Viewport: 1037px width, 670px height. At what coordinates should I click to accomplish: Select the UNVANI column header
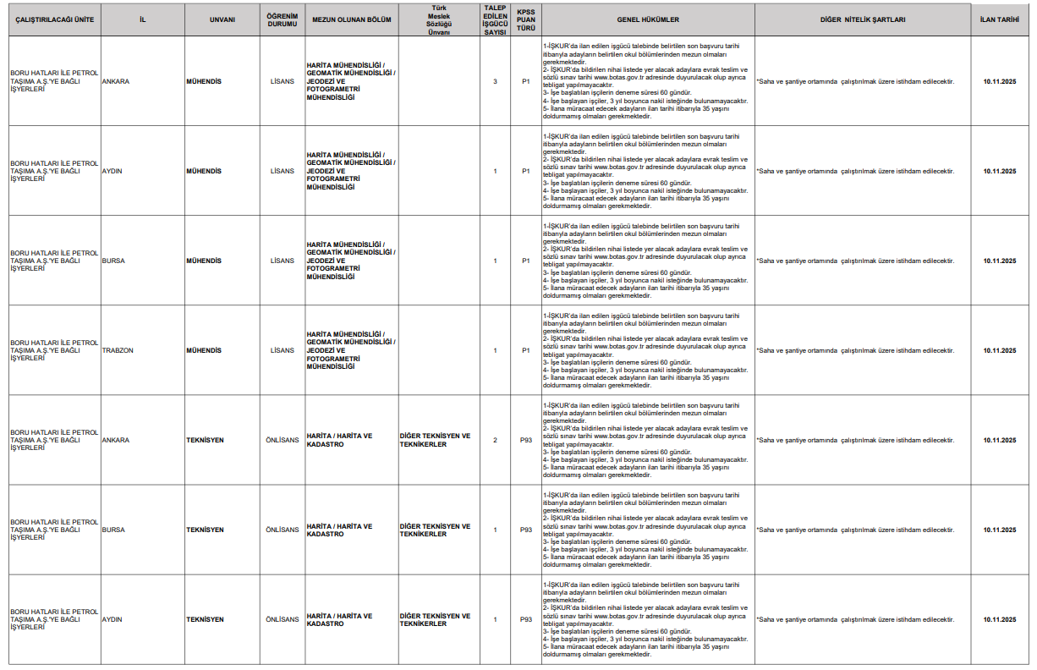(222, 19)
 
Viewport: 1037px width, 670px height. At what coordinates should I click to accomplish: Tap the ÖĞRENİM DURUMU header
(283, 19)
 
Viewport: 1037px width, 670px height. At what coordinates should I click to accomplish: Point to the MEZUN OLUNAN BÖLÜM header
(352, 19)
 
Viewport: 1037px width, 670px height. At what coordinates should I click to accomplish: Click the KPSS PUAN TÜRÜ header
(526, 19)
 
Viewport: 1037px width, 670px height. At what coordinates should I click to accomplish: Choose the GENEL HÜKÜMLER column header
(648, 19)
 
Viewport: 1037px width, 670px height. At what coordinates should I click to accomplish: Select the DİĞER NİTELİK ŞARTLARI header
(862, 19)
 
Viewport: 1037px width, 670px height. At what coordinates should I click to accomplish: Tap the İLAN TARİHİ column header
(1000, 19)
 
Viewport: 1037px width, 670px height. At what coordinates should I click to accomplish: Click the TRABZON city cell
(117, 350)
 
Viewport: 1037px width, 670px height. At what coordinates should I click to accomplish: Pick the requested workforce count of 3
(495, 81)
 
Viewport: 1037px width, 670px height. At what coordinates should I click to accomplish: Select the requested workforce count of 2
(495, 440)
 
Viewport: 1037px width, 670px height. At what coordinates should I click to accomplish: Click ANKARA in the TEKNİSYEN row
(116, 440)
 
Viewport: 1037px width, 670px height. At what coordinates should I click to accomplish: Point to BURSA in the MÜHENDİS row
(113, 261)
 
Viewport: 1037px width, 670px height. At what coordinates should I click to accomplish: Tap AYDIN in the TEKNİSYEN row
(112, 619)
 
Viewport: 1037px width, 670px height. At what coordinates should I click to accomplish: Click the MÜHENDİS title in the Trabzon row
(204, 350)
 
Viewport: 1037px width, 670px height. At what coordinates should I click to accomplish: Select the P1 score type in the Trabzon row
(526, 350)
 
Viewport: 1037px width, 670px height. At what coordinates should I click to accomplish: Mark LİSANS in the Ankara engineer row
(283, 81)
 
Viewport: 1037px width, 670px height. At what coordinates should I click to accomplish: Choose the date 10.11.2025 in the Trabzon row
(1000, 350)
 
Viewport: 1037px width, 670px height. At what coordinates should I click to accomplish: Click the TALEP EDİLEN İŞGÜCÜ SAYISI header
(495, 19)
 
